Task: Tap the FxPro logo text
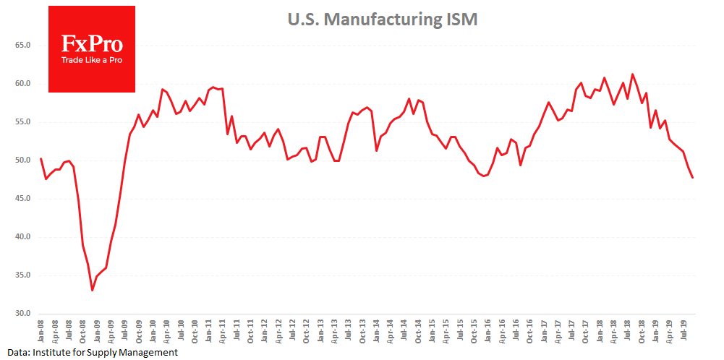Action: click(91, 44)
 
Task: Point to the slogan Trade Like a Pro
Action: click(91, 60)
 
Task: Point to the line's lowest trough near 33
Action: click(92, 290)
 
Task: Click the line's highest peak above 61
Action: click(633, 74)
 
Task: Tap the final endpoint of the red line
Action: click(693, 177)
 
